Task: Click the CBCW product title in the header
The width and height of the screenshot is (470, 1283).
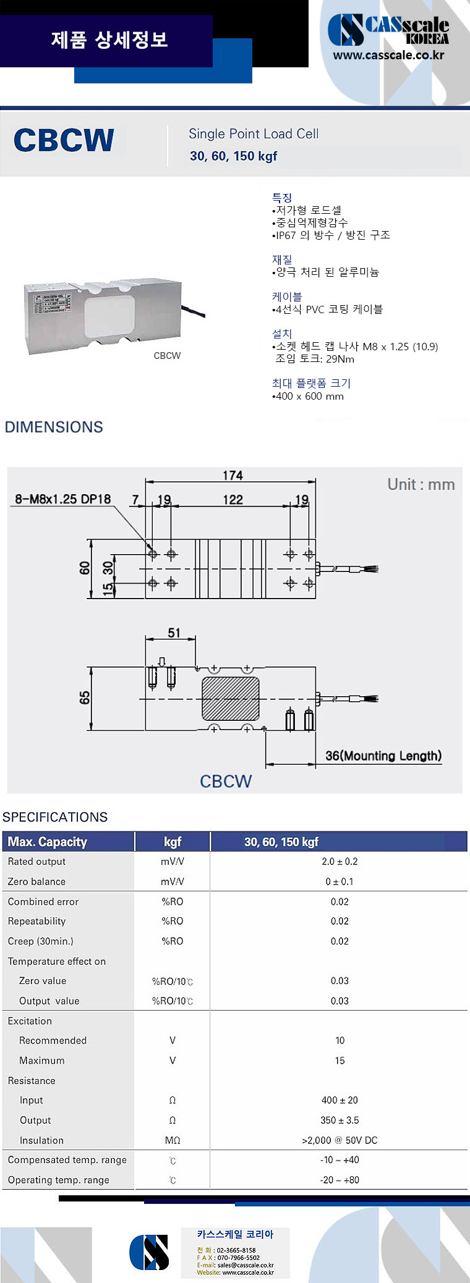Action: pos(64,141)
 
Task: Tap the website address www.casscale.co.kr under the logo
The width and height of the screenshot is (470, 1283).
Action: pos(388,55)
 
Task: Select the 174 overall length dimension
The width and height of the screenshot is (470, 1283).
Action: pos(233,475)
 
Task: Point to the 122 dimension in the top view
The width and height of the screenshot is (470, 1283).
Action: pos(233,499)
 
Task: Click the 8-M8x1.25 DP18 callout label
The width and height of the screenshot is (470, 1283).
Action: pos(62,498)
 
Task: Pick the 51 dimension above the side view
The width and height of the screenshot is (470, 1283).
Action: pos(174,633)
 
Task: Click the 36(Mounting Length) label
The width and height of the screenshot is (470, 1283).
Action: pos(383,755)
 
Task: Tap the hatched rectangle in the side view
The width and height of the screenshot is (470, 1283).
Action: pos(231,699)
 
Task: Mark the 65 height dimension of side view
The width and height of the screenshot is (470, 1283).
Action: pos(84,697)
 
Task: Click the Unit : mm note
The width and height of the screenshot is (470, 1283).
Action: pos(421,484)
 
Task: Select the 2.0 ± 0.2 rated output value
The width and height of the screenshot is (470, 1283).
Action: pos(340,861)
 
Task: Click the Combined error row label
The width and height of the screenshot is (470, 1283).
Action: pos(43,901)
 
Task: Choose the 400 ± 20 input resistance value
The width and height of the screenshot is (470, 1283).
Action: pos(340,1100)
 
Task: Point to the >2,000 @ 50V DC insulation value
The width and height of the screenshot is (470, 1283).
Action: pos(340,1140)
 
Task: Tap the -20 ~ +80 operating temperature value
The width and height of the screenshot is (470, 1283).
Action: pos(340,1179)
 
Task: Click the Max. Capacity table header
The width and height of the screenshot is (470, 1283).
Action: pos(47,841)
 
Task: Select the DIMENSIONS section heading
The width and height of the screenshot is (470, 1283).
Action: pos(54,427)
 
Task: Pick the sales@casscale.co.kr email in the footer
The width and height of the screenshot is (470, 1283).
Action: pos(245,1265)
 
